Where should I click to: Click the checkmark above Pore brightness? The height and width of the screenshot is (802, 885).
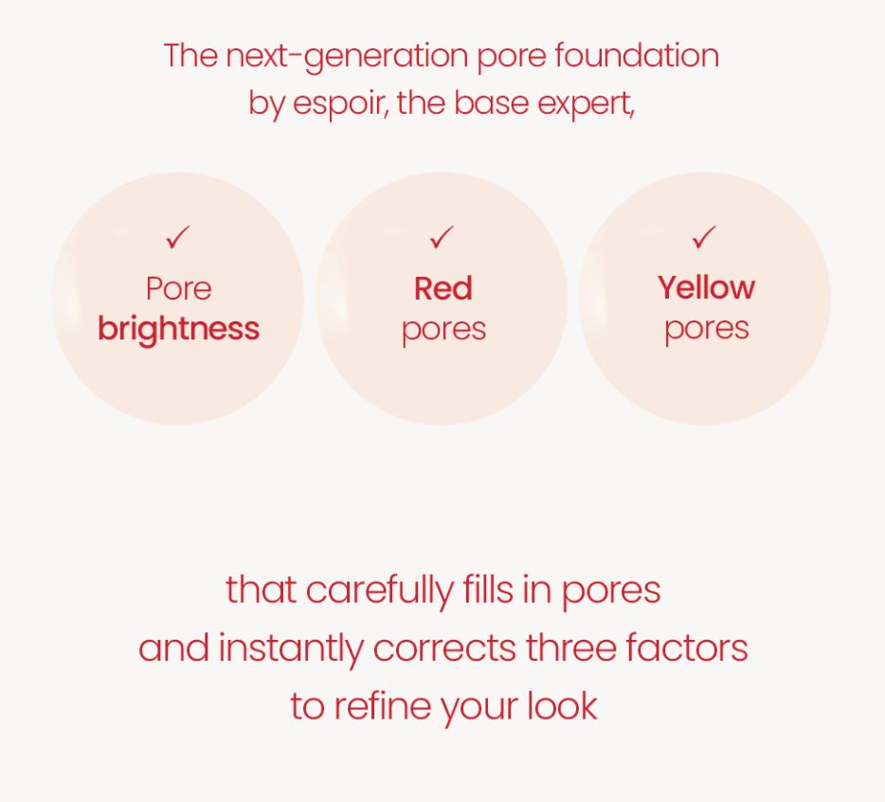pos(178,237)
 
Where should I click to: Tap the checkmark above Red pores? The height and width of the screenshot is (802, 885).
pos(442,237)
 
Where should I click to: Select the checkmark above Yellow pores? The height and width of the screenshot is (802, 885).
pos(704,237)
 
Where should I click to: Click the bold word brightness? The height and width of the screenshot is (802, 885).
pos(178,329)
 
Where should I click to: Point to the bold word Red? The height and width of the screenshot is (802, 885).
pos(442,288)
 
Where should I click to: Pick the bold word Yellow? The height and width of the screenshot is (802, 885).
pos(706,287)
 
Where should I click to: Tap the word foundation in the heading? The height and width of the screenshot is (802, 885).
pos(637,55)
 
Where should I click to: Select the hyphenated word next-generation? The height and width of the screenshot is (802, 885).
pos(346,56)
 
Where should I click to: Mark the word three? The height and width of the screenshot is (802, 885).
pos(571,648)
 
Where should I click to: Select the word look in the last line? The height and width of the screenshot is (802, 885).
pos(563,706)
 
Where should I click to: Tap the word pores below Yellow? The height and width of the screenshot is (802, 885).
pos(706,330)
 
